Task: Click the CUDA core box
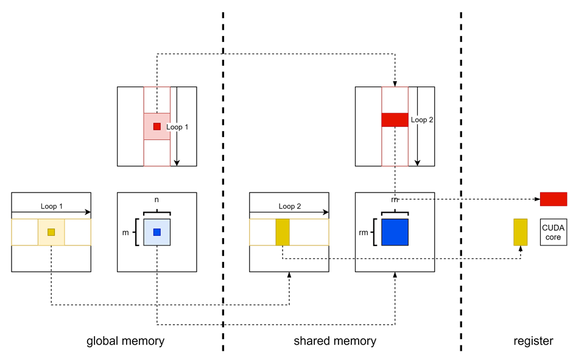[x=554, y=232]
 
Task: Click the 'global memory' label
[x=125, y=341]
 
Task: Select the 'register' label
[x=533, y=341]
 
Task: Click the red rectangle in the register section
[x=554, y=199]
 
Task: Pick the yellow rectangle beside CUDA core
[x=520, y=232]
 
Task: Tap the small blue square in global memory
[x=157, y=232]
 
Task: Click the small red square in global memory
[x=157, y=127]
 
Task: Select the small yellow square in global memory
[x=51, y=232]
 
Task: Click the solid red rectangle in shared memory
[x=395, y=120]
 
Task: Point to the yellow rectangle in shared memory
[x=283, y=232]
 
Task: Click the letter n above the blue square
[x=157, y=200]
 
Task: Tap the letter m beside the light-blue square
[x=126, y=232]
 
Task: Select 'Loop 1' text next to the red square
[x=177, y=127]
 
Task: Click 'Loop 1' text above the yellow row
[x=51, y=206]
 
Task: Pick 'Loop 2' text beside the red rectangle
[x=421, y=120]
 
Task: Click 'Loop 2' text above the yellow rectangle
[x=289, y=206]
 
